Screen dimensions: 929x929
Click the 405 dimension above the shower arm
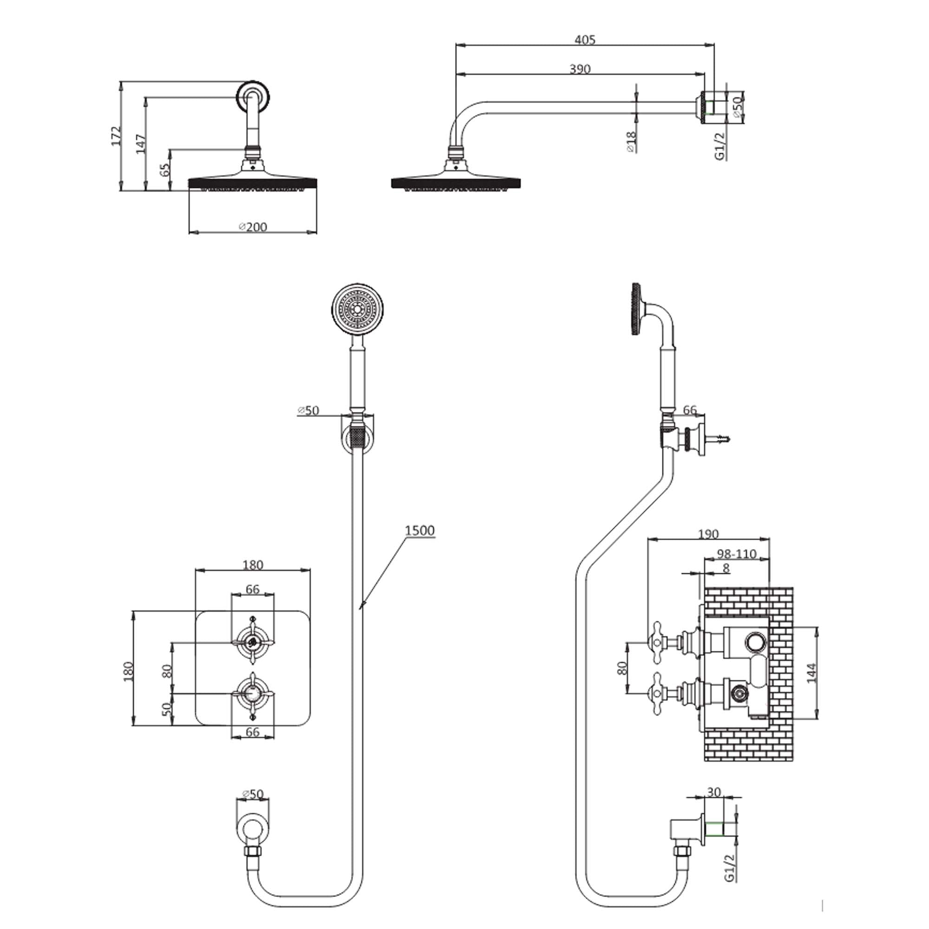[585, 39]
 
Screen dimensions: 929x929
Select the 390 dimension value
[579, 69]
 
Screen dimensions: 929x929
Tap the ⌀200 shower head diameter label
[253, 227]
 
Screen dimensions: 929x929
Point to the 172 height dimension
[116, 137]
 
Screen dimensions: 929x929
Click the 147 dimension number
[140, 144]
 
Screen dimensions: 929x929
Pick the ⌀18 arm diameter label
[631, 142]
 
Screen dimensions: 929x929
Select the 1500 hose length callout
[419, 531]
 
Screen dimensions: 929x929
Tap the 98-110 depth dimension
[736, 554]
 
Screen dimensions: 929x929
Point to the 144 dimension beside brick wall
[811, 673]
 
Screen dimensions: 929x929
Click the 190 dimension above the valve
[708, 534]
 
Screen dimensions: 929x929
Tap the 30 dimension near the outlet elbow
[714, 792]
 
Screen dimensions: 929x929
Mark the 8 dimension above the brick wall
[726, 568]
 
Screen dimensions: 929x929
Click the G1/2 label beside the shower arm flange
[719, 146]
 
